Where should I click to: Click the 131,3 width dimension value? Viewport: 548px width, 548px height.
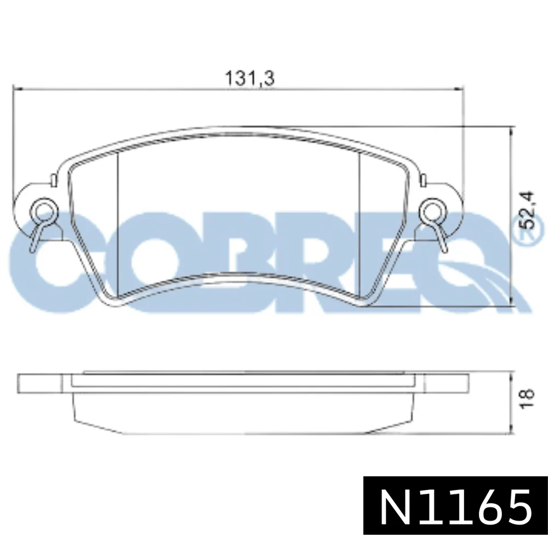(250, 78)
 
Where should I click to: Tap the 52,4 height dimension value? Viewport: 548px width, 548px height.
(526, 210)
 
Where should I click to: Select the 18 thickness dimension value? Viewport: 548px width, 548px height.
(527, 398)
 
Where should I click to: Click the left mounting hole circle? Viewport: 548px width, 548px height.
(43, 211)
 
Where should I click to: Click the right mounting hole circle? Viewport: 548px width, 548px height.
(432, 211)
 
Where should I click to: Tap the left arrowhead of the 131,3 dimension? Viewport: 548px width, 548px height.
(18, 89)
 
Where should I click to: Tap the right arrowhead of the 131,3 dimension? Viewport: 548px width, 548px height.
(459, 89)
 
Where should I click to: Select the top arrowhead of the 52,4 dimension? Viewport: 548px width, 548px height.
(511, 131)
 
